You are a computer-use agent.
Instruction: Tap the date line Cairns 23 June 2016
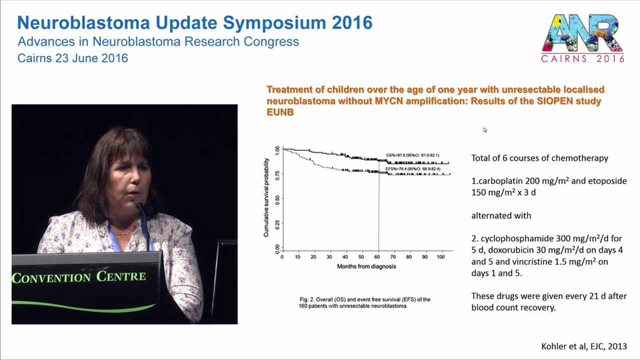pyautogui.click(x=72, y=58)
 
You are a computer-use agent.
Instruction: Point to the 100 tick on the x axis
pyautogui.click(x=440, y=257)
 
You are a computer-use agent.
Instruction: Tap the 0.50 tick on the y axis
pyautogui.click(x=277, y=198)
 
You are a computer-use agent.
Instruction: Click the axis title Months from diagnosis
pyautogui.click(x=366, y=266)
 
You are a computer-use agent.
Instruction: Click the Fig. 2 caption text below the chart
pyautogui.click(x=365, y=302)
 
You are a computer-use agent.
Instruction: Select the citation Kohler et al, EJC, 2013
pyautogui.click(x=584, y=346)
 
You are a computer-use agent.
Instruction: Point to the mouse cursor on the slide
pyautogui.click(x=484, y=130)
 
